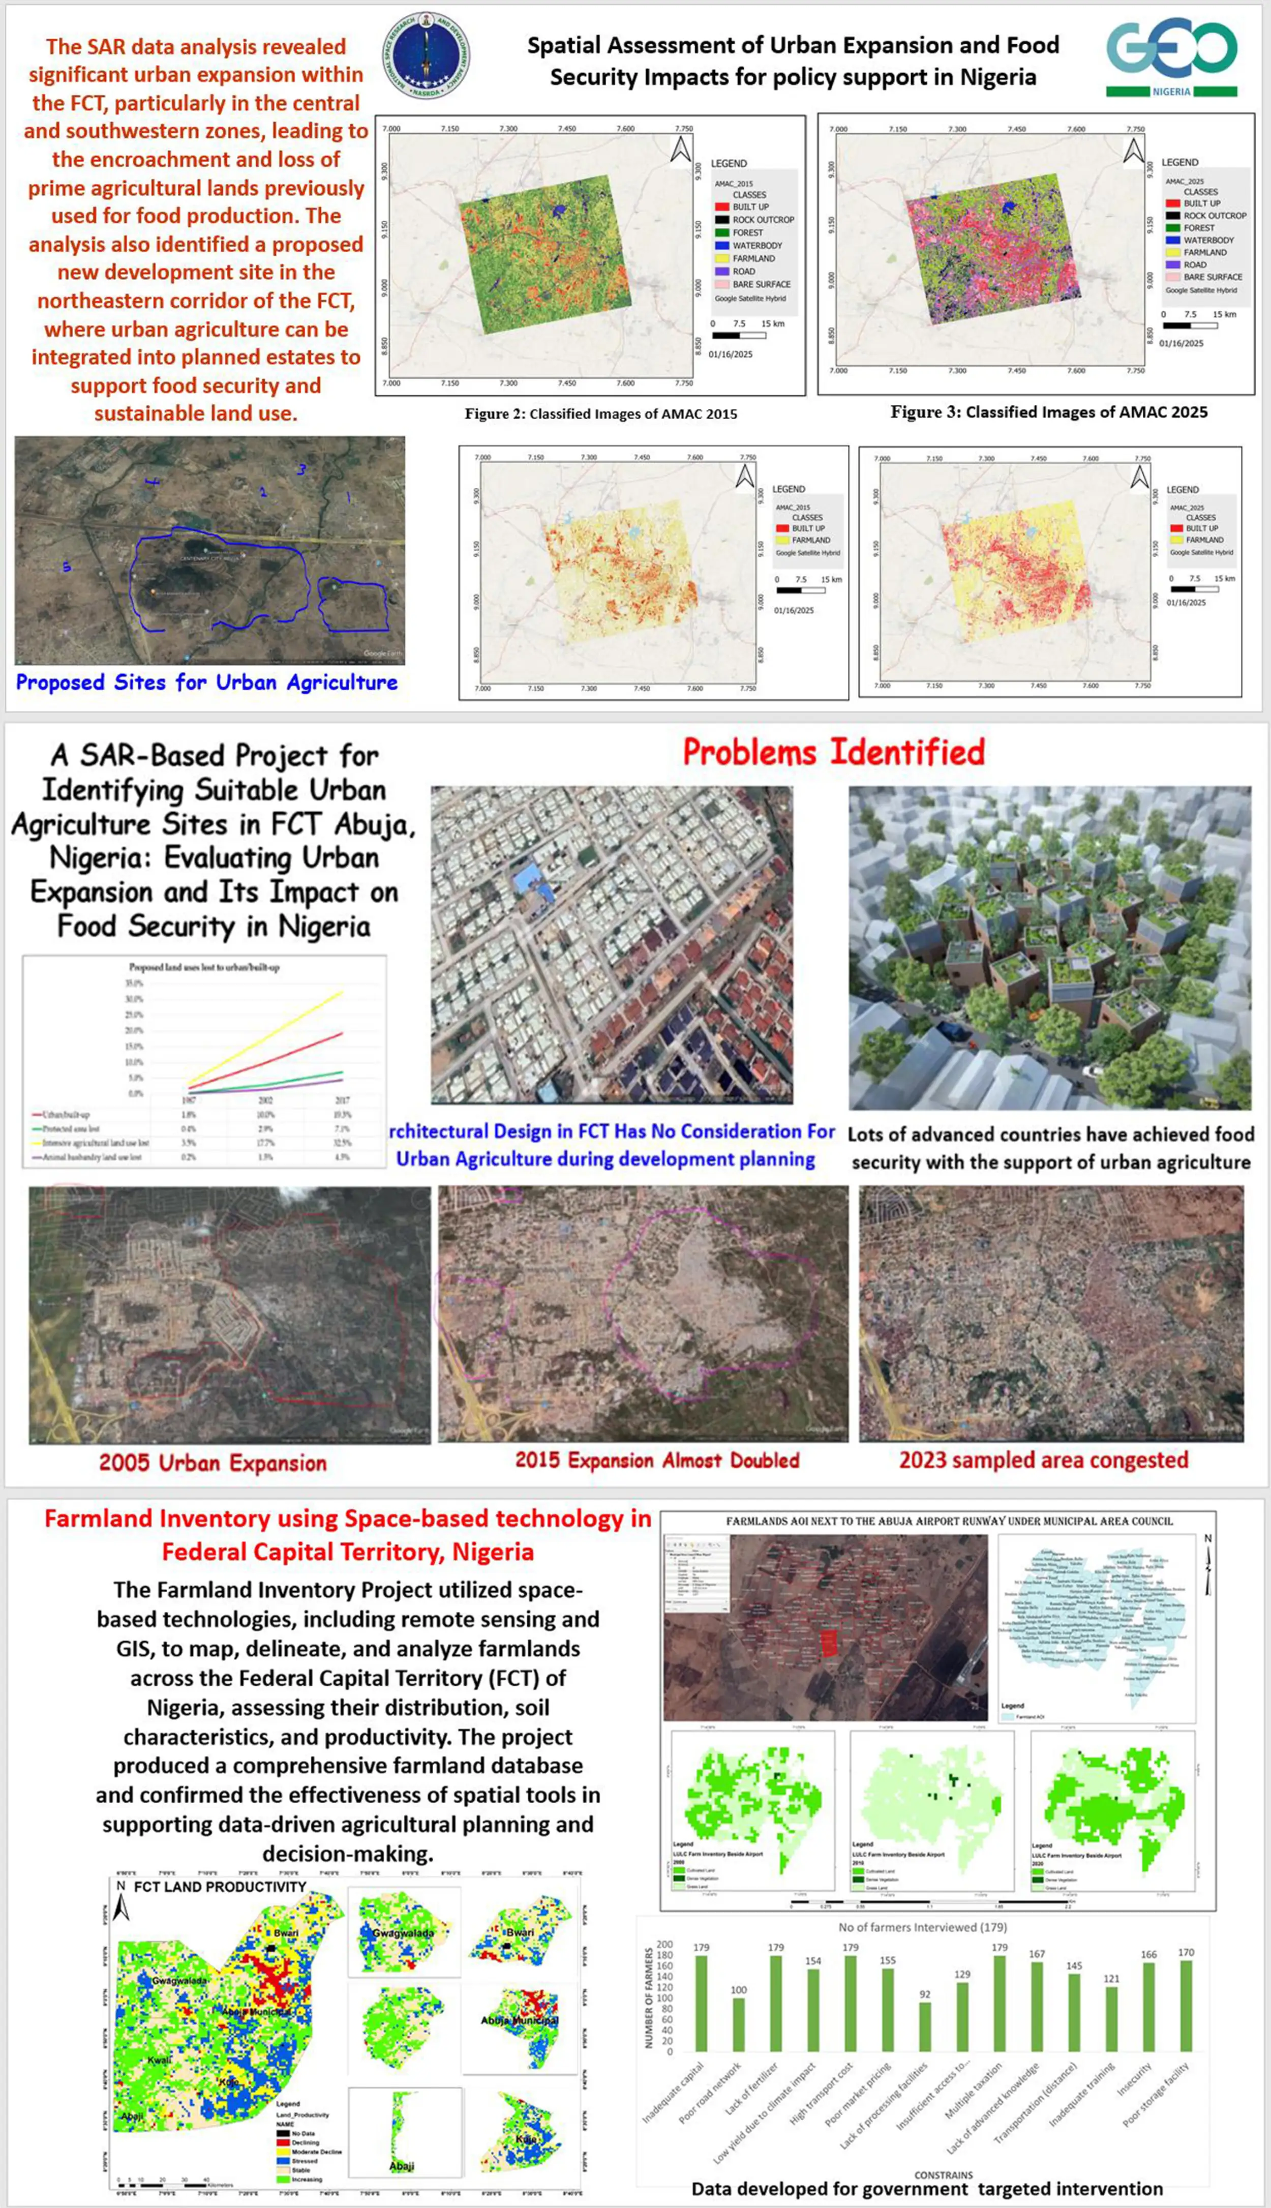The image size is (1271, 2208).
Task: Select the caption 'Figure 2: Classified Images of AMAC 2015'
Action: (x=600, y=414)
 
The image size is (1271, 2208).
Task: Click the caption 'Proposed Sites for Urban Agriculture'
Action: (x=207, y=683)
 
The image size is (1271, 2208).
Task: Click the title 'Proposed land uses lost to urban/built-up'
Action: (x=204, y=967)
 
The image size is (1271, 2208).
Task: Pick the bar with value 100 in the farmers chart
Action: (x=739, y=2024)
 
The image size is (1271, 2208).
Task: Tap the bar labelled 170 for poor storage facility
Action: (x=1186, y=2005)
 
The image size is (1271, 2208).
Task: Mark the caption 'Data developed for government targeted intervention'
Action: (x=926, y=2189)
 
